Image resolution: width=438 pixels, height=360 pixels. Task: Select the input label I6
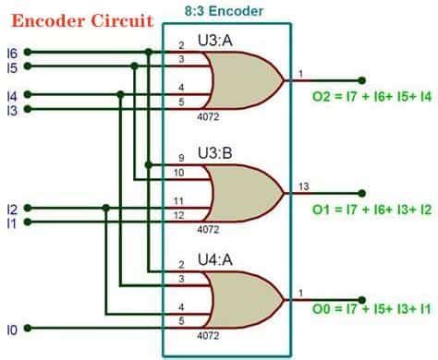click(11, 52)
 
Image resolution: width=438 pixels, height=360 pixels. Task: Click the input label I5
click(11, 66)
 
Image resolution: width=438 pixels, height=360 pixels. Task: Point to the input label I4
click(11, 94)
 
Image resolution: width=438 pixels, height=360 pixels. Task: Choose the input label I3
click(11, 110)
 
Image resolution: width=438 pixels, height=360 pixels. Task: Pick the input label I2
click(11, 208)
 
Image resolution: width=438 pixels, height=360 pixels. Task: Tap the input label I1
click(11, 222)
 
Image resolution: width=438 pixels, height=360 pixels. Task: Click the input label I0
click(11, 328)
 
